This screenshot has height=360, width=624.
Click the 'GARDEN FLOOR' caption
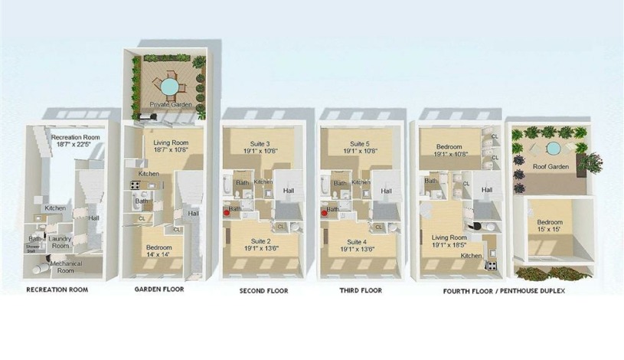[159, 290]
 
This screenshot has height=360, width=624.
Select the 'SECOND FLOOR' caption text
[265, 291]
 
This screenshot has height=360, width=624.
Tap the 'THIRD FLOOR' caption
[361, 291]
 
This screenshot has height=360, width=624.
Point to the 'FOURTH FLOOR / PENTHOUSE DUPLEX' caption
[504, 291]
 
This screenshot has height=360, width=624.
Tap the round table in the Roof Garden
[551, 148]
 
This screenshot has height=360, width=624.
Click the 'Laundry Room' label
[60, 242]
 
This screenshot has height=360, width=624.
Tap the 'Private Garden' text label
[168, 104]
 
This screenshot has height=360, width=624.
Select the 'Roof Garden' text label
[554, 166]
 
